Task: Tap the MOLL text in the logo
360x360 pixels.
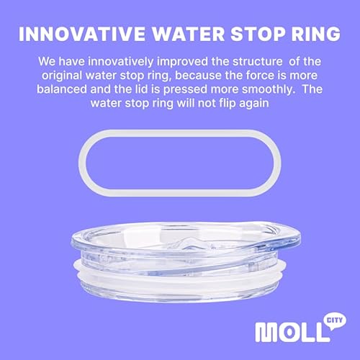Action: pyautogui.click(x=287, y=333)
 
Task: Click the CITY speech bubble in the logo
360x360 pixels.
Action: pyautogui.click(x=333, y=317)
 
